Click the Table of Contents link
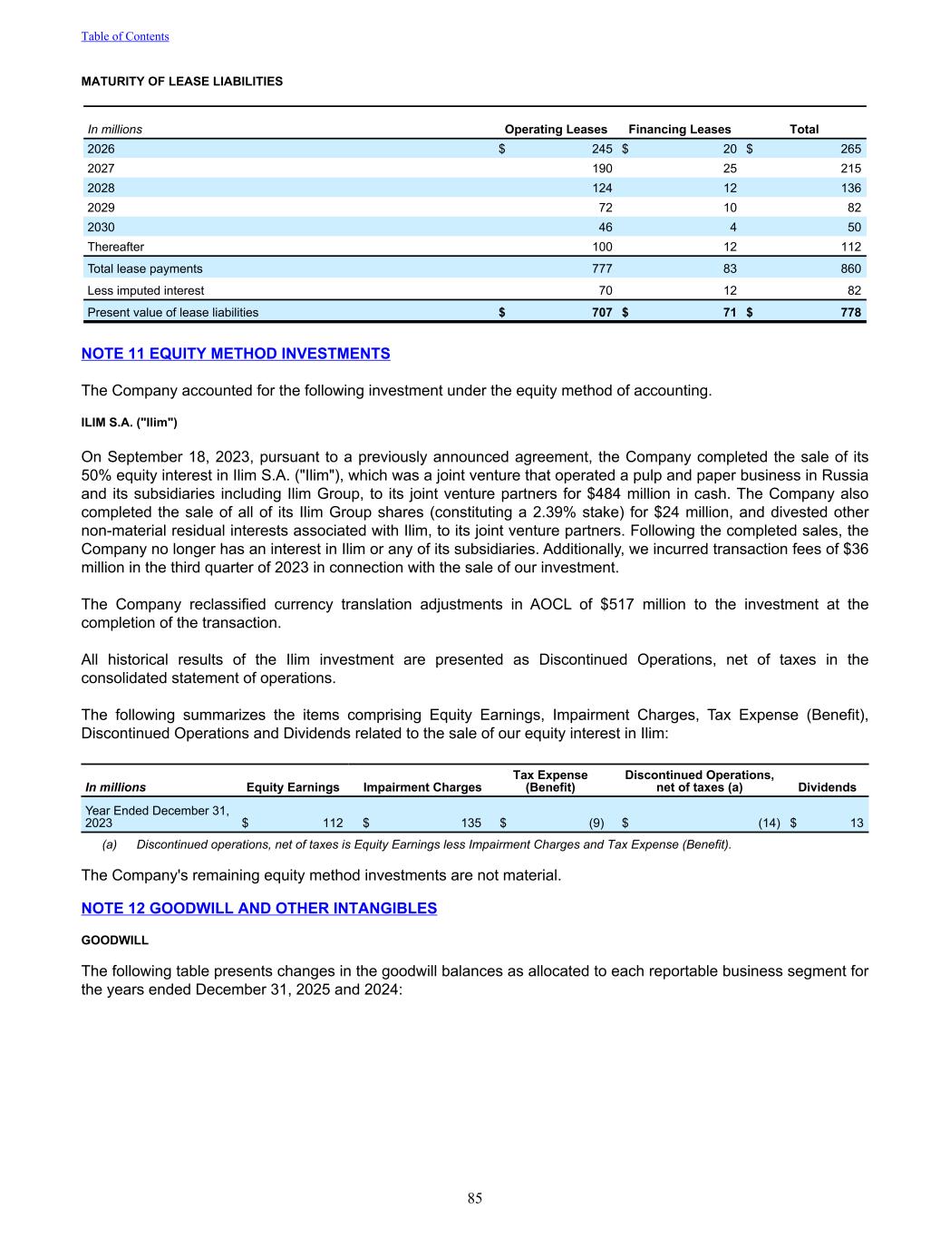(x=125, y=36)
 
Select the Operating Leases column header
(x=556, y=130)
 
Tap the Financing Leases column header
(x=679, y=130)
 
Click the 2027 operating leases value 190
(x=601, y=169)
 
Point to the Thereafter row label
(x=115, y=247)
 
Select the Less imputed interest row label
(x=145, y=291)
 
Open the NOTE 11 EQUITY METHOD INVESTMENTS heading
(x=236, y=354)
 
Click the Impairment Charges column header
(x=422, y=787)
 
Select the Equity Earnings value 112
(x=333, y=824)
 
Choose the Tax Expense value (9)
(x=596, y=824)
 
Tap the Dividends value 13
(x=857, y=824)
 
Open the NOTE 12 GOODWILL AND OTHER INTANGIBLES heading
(x=259, y=909)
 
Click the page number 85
(x=475, y=1199)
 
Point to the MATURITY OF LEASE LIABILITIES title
(x=182, y=82)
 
